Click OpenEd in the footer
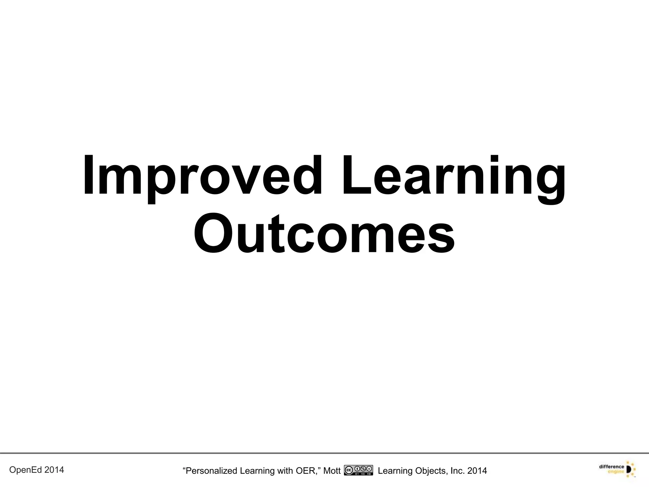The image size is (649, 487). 26,470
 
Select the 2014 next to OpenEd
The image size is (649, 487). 54,470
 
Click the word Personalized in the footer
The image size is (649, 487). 211,471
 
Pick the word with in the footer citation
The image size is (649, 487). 285,471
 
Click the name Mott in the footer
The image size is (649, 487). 332,471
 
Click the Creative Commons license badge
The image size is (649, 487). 358,470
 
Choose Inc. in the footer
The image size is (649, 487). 457,471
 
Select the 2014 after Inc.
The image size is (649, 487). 477,471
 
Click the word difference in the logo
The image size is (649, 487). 611,467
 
